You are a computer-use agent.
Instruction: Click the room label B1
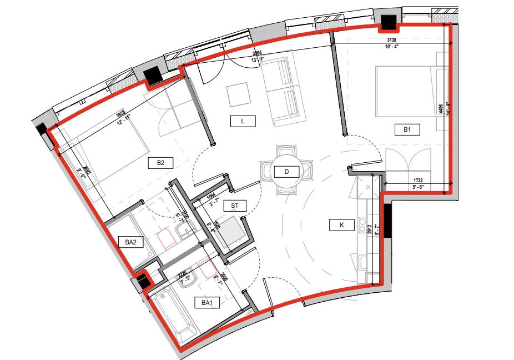tap(407, 130)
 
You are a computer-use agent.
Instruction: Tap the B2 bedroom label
tap(160, 163)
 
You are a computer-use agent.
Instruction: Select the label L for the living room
tap(243, 121)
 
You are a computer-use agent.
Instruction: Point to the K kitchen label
tap(341, 225)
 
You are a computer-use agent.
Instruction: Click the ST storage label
tap(235, 206)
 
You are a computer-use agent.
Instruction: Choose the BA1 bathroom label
tap(208, 303)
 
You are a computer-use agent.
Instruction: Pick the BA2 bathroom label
tap(131, 242)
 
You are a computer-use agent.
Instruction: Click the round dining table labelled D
tap(287, 171)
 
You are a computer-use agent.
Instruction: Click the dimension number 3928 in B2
tap(120, 113)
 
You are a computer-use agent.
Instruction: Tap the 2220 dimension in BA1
tap(182, 273)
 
